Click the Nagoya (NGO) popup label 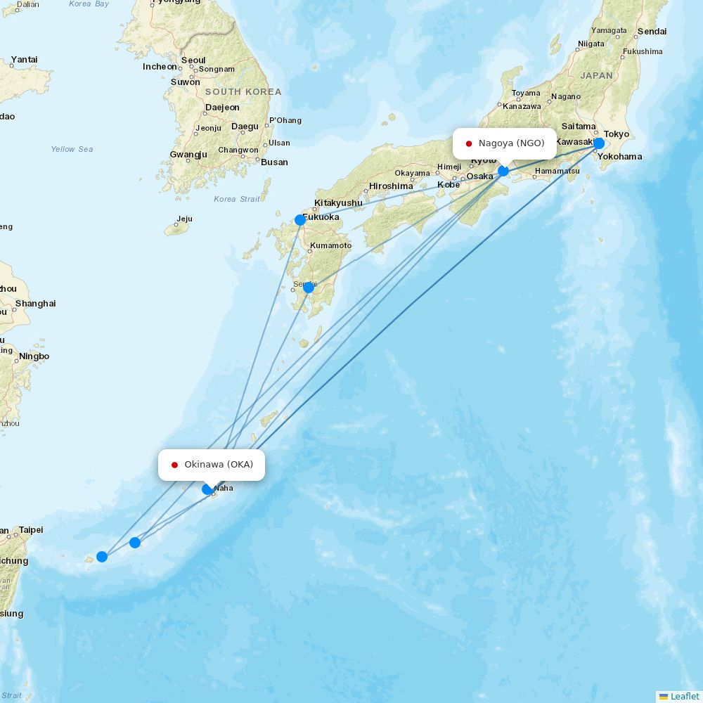click(x=511, y=143)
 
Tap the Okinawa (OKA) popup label click(x=219, y=465)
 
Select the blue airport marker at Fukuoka click(x=300, y=220)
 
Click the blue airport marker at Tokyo click(x=598, y=143)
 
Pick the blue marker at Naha click(x=207, y=489)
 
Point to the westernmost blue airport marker click(x=102, y=557)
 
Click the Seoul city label click(x=193, y=60)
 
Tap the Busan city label click(x=274, y=162)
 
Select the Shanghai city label click(x=35, y=304)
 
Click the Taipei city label click(x=31, y=529)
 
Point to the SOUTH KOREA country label click(x=243, y=92)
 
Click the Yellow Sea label click(x=72, y=149)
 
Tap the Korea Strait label click(x=236, y=199)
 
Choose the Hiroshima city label click(x=391, y=186)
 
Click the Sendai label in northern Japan click(x=652, y=32)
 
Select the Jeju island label click(x=184, y=219)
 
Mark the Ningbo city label click(x=34, y=356)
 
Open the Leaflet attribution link click(x=684, y=696)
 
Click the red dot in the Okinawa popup click(x=174, y=465)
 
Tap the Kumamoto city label click(x=330, y=245)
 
